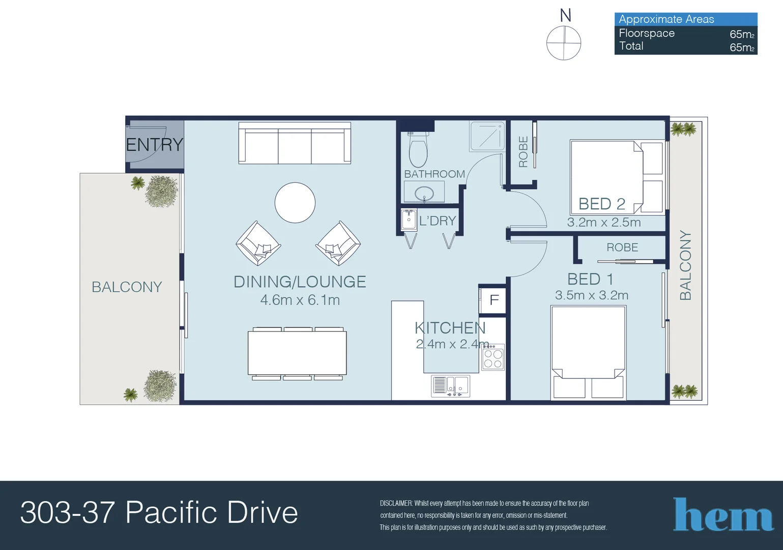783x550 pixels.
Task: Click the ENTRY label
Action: coord(154,145)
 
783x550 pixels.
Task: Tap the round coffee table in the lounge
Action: coord(295,203)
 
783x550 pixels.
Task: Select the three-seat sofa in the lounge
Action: coord(295,143)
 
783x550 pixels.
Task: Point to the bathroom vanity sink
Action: coord(424,194)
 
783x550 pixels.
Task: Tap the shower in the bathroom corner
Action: coord(487,136)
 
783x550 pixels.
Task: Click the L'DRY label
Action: coord(437,221)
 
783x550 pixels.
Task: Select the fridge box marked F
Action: coord(493,300)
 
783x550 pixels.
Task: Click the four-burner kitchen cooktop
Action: coord(493,358)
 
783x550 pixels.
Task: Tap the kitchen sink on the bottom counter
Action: coord(451,386)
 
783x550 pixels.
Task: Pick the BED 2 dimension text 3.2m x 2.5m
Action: coord(604,223)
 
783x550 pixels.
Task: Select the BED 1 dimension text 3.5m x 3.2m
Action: coord(592,295)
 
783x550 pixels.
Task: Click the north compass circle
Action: coord(564,43)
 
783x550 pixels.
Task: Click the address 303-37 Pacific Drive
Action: coord(159,512)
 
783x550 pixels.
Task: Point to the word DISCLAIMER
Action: coord(396,503)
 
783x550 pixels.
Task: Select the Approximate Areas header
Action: coord(666,19)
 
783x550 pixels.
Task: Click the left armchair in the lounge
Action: coord(258,243)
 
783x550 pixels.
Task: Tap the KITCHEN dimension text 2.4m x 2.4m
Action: coord(452,344)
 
